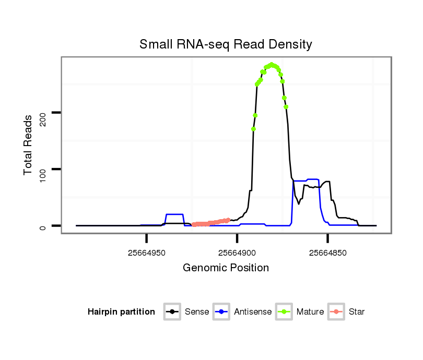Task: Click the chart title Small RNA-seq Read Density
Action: [x=226, y=44]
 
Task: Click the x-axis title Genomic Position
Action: [x=226, y=268]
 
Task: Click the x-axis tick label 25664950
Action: [x=147, y=253]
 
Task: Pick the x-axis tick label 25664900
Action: [x=237, y=253]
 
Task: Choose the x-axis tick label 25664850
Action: [x=327, y=253]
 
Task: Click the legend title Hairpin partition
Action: [x=121, y=312]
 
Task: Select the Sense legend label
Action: [x=197, y=312]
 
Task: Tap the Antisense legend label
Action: [x=253, y=312]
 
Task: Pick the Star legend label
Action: [x=357, y=312]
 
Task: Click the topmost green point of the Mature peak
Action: [x=272, y=65]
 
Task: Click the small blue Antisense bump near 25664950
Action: [x=174, y=214]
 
